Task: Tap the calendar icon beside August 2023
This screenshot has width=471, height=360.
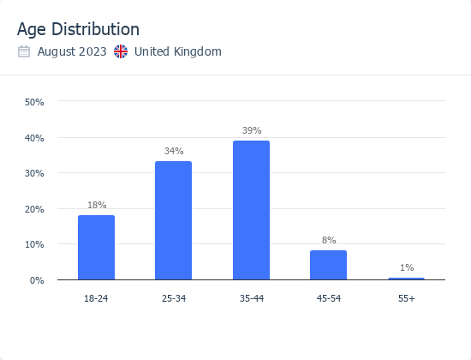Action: click(24, 51)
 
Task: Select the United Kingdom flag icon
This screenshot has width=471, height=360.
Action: click(121, 51)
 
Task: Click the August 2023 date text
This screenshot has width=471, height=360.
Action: click(72, 51)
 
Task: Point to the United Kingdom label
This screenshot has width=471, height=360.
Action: click(178, 51)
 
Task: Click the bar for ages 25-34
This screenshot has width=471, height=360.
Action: click(173, 220)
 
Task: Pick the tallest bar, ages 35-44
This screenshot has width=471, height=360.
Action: click(251, 210)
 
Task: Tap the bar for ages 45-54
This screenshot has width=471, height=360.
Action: click(328, 265)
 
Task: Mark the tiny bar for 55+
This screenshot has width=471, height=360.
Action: click(406, 279)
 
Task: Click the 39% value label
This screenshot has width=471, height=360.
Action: click(251, 130)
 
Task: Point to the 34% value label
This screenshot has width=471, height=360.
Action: click(174, 151)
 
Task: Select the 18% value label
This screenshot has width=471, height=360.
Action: click(97, 205)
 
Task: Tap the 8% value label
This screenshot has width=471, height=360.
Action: click(329, 240)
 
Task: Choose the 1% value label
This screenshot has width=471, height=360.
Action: click(406, 267)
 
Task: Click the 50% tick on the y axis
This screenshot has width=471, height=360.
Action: click(34, 102)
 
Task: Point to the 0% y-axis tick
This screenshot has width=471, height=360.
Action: click(37, 280)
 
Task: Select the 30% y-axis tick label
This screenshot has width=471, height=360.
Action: click(34, 173)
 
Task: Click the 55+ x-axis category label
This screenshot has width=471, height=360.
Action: click(406, 297)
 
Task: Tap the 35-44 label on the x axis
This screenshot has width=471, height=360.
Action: click(251, 297)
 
